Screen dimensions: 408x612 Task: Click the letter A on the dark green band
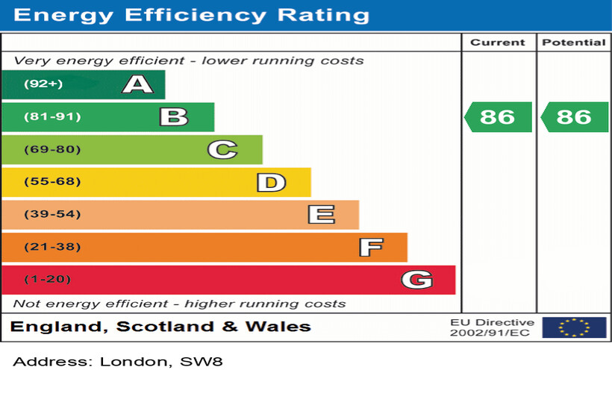click(137, 84)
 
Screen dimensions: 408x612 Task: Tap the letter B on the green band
click(173, 117)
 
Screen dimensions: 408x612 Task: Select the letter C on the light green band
click(222, 150)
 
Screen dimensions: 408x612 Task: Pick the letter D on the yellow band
click(271, 182)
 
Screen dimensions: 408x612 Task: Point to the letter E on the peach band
click(321, 215)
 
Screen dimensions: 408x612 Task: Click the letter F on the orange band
click(370, 247)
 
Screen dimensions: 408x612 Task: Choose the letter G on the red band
click(416, 280)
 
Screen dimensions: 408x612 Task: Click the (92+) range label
click(43, 84)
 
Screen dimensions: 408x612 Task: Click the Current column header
click(498, 43)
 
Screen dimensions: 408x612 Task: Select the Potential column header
click(573, 43)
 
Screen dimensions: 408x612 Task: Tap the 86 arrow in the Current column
click(498, 117)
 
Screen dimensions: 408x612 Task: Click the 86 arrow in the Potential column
click(574, 117)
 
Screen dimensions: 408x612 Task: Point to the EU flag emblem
click(574, 327)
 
